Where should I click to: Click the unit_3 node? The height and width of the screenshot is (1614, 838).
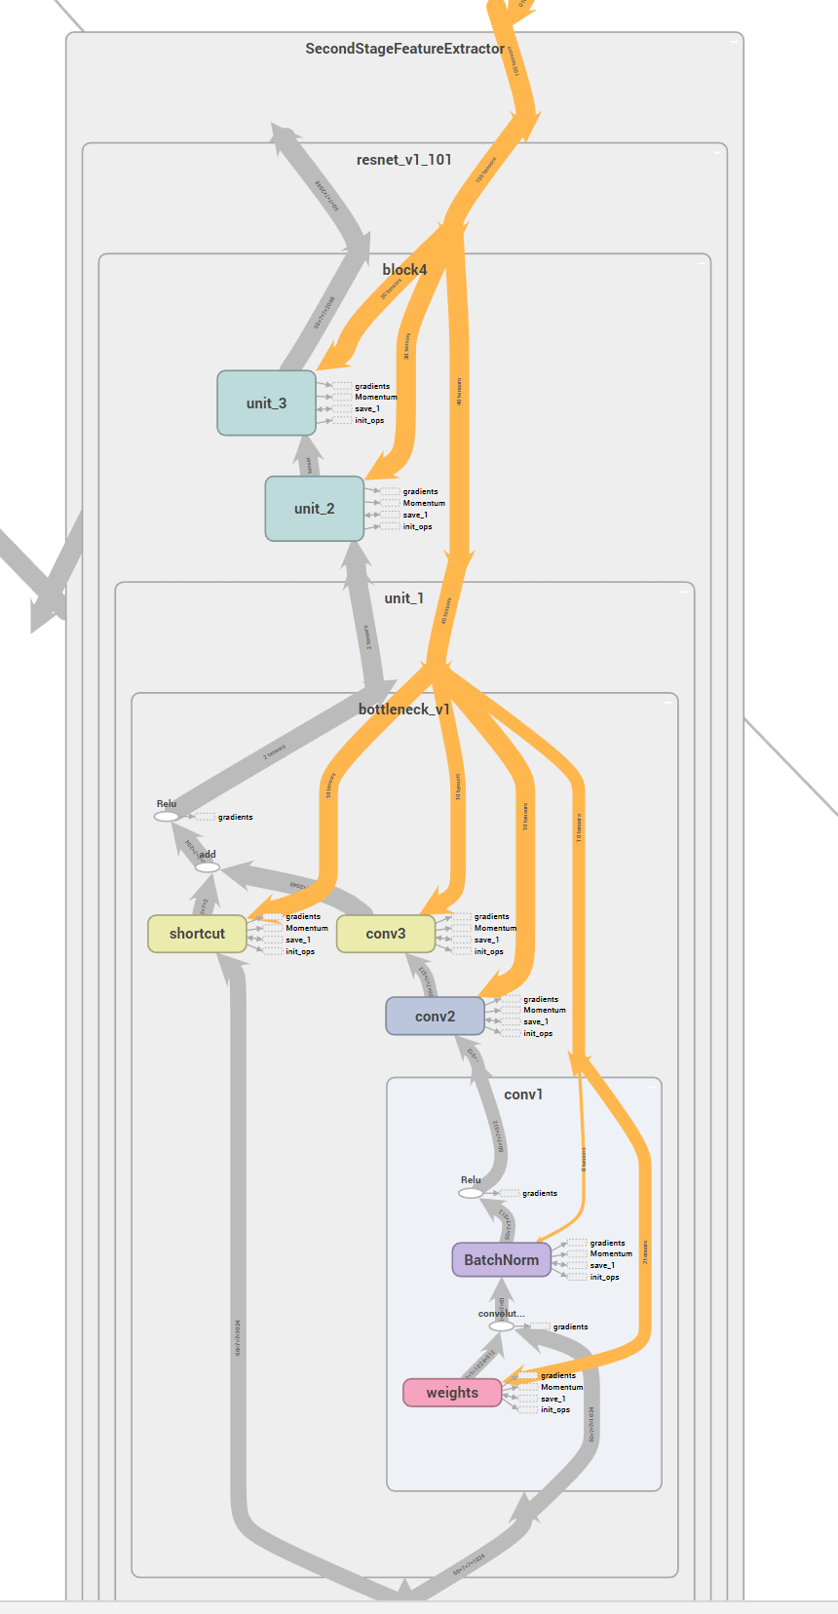pyautogui.click(x=266, y=403)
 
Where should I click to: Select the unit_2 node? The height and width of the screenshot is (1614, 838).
pyautogui.click(x=314, y=508)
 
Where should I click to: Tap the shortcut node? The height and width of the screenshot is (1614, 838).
pyautogui.click(x=197, y=934)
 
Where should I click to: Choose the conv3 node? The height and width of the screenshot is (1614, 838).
pyautogui.click(x=386, y=934)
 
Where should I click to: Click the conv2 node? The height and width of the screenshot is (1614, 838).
pyautogui.click(x=435, y=1017)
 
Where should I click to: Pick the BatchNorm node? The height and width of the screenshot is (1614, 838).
pyautogui.click(x=501, y=1259)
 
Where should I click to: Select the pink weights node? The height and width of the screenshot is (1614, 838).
pyautogui.click(x=452, y=1393)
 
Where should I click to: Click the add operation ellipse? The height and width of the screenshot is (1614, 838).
pyautogui.click(x=208, y=866)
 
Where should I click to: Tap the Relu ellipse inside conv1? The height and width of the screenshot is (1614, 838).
pyautogui.click(x=471, y=1193)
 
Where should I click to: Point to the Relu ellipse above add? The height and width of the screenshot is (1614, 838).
pyautogui.click(x=167, y=817)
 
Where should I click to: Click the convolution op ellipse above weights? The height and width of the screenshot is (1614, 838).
pyautogui.click(x=502, y=1326)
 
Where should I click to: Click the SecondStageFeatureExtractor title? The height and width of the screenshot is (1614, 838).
pyautogui.click(x=404, y=49)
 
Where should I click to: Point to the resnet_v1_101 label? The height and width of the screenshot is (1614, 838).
pyautogui.click(x=404, y=160)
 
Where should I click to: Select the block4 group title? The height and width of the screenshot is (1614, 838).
pyautogui.click(x=404, y=270)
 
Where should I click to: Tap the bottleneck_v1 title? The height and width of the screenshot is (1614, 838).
pyautogui.click(x=404, y=710)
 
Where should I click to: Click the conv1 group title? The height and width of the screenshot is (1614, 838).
pyautogui.click(x=523, y=1095)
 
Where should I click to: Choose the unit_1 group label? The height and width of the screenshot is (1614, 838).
pyautogui.click(x=404, y=598)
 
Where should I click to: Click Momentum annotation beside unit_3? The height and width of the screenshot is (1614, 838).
pyautogui.click(x=375, y=398)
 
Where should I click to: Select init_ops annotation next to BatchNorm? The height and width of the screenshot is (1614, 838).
pyautogui.click(x=604, y=1277)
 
